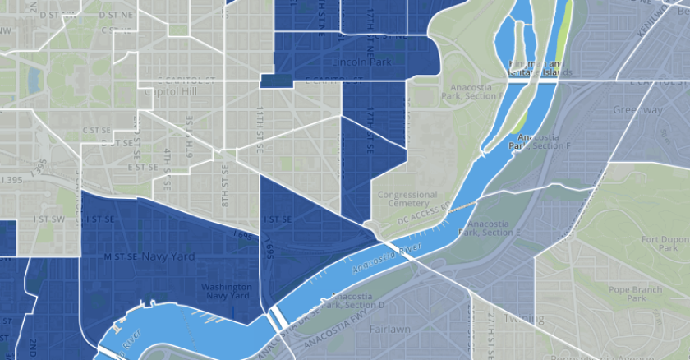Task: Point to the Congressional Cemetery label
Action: [408, 199]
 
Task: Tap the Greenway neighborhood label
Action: [637, 109]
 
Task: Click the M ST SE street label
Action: [120, 256]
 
